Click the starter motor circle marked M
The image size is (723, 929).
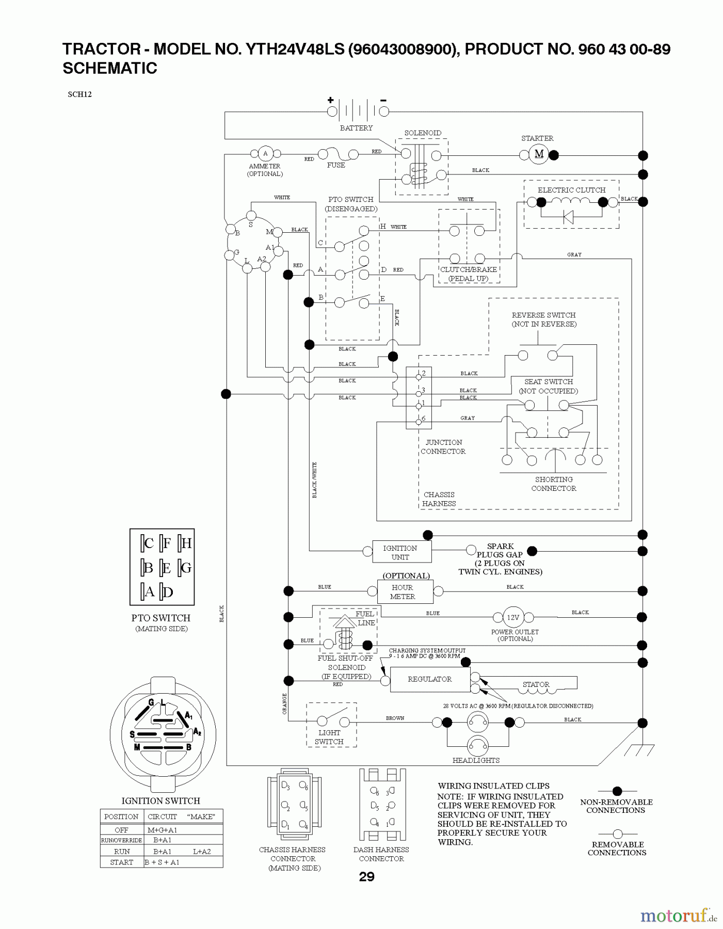[539, 154]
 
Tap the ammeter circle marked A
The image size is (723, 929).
[265, 153]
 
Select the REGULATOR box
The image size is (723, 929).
[430, 679]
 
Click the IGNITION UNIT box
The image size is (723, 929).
[400, 552]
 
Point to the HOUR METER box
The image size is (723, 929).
[403, 591]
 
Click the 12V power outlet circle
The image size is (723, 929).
[513, 617]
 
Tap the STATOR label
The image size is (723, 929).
[536, 684]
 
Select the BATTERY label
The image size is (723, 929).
[356, 128]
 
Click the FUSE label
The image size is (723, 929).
[336, 165]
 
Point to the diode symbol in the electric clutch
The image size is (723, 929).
[568, 217]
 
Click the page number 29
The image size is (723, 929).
[366, 877]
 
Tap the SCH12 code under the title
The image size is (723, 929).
[79, 94]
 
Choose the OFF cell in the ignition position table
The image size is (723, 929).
[121, 830]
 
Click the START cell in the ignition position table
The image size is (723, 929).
[121, 862]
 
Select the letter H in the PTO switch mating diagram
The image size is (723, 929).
[186, 543]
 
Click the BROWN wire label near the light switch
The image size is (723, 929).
[395, 718]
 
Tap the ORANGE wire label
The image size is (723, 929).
[284, 703]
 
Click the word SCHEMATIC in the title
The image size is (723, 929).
[110, 68]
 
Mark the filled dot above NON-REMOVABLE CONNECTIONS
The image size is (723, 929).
[617, 791]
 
